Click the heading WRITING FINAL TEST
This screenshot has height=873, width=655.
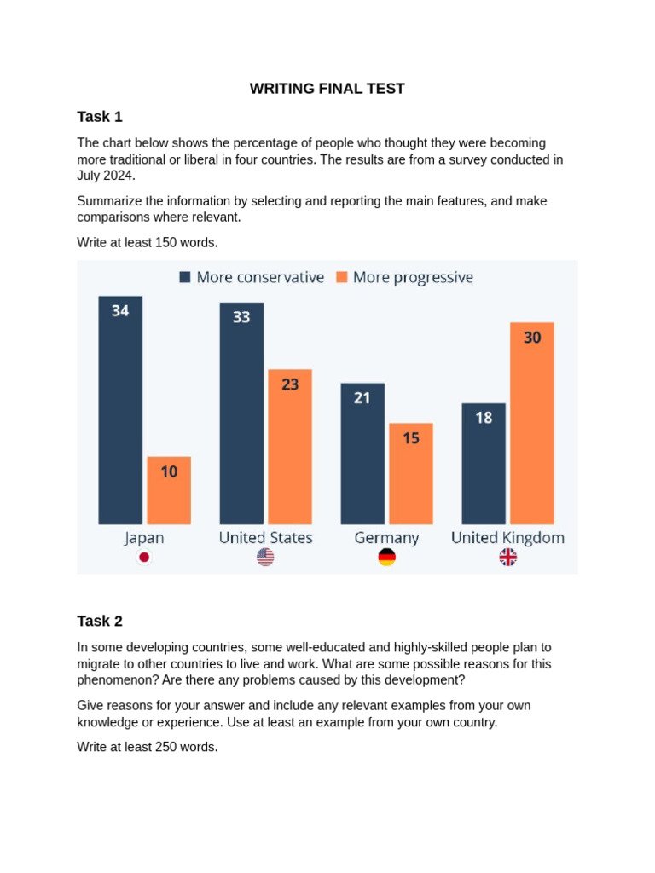[327, 89]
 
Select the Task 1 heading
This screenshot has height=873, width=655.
[100, 117]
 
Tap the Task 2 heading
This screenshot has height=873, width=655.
[100, 621]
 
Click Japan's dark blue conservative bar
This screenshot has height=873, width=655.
[120, 418]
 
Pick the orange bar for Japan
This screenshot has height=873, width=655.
[169, 494]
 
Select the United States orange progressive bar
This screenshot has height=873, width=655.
[290, 452]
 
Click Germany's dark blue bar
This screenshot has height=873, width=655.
[362, 460]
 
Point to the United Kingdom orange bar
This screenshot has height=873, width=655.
[532, 426]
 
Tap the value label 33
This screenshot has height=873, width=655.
[241, 317]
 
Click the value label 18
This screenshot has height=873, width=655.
[484, 418]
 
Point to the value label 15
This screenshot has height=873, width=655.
[411, 438]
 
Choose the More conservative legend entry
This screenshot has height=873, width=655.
[252, 277]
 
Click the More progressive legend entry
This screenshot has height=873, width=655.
[404, 277]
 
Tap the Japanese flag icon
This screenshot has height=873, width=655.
[144, 558]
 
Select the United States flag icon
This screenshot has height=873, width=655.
[265, 558]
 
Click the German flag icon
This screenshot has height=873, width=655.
[386, 558]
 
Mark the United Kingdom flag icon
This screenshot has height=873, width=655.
[507, 558]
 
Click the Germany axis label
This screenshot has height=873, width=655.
[386, 538]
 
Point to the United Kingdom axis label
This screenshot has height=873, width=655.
[507, 538]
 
